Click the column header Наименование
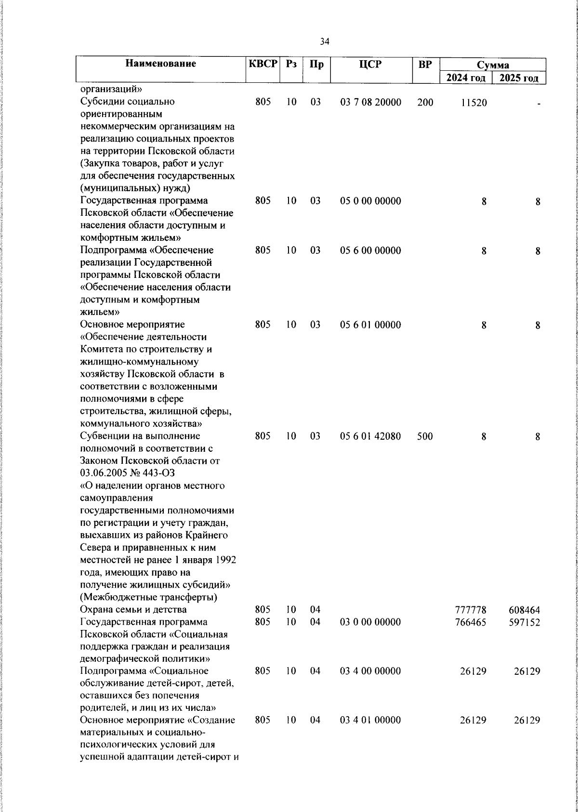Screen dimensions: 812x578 pyautogui.click(x=161, y=64)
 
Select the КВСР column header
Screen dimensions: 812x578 pyautogui.click(x=263, y=64)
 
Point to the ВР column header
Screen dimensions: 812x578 pyautogui.click(x=425, y=64)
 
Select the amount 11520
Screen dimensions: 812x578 pyautogui.click(x=473, y=102)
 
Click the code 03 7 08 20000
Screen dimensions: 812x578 pyautogui.click(x=370, y=102)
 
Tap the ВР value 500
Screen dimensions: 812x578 pyautogui.click(x=425, y=436)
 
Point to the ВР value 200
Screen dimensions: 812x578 pyautogui.click(x=425, y=102)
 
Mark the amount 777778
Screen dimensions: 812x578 pyautogui.click(x=471, y=610)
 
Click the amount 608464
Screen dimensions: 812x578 pyautogui.click(x=524, y=610)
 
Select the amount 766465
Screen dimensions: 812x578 pyautogui.click(x=471, y=622)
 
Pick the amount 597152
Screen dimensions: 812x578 pyautogui.click(x=524, y=622)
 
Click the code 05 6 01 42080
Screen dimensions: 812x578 pyautogui.click(x=370, y=436)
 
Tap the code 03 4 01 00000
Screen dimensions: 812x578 pyautogui.click(x=370, y=720)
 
